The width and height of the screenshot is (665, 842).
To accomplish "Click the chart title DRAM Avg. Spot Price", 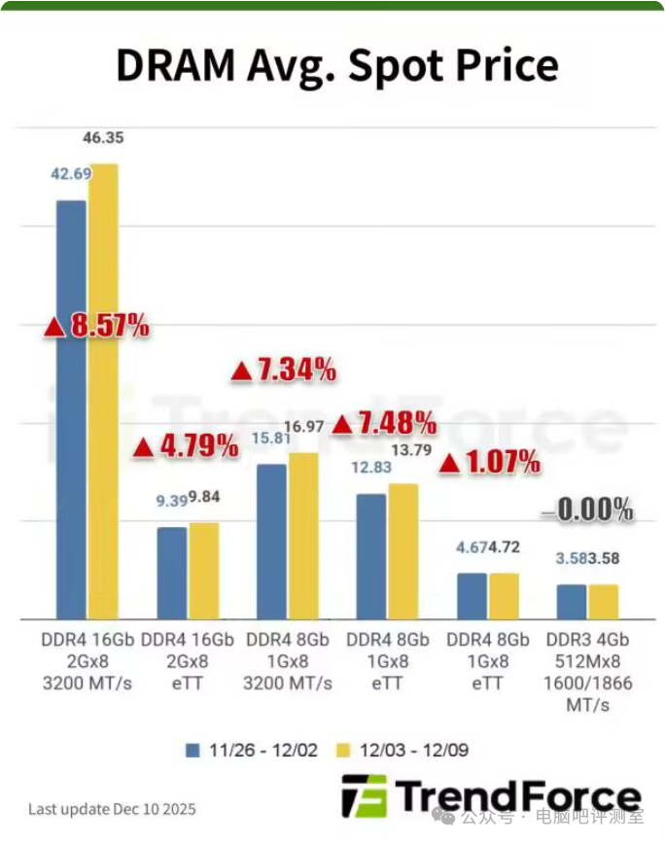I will (336, 66).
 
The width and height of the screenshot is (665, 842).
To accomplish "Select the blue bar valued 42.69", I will (71, 408).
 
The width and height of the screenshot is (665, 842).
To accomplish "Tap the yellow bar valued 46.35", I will (103, 389).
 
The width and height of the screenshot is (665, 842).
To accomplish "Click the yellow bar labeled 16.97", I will (303, 536).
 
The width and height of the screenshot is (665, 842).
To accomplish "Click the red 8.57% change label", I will (97, 327).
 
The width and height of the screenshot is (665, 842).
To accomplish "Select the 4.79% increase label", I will (186, 447).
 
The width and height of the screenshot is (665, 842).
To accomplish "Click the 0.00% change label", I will (588, 509).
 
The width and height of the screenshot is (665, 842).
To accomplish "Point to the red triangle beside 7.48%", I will (342, 424).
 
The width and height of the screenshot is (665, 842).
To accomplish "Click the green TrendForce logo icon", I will (364, 795).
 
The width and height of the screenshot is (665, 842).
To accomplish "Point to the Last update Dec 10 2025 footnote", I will (112, 809).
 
